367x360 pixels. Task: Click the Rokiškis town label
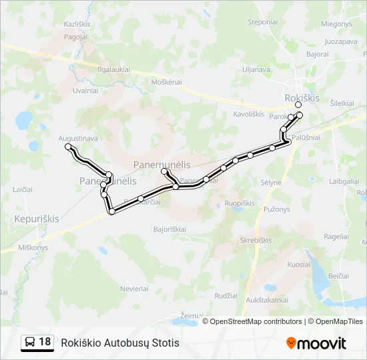[x=302, y=97]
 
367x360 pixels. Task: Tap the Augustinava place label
[x=78, y=138]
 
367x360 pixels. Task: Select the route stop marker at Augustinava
[x=67, y=146]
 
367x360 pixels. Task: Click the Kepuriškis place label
[x=37, y=218]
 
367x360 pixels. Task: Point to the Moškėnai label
[x=167, y=81]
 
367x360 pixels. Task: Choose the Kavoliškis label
[x=249, y=114]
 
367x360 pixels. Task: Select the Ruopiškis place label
[x=240, y=203]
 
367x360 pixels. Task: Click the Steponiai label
[x=262, y=22]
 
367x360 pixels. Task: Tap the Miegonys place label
[x=336, y=24]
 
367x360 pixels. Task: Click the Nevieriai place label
[x=134, y=289]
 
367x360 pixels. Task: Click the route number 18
[x=45, y=342]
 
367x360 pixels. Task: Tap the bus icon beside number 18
[x=30, y=342]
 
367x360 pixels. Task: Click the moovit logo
[x=316, y=343]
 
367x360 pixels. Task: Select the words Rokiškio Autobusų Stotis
[x=120, y=343]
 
